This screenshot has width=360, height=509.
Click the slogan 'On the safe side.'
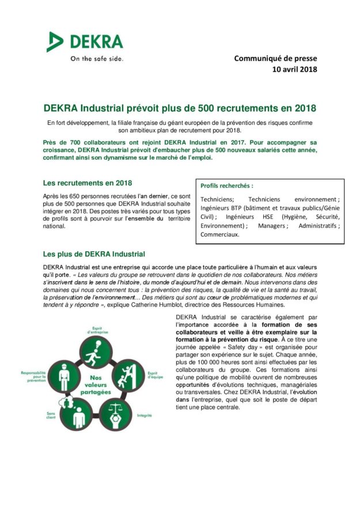96,58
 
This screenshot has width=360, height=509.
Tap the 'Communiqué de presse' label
275,58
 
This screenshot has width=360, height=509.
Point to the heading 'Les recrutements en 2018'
88,183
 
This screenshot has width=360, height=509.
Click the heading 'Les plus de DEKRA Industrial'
94,254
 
